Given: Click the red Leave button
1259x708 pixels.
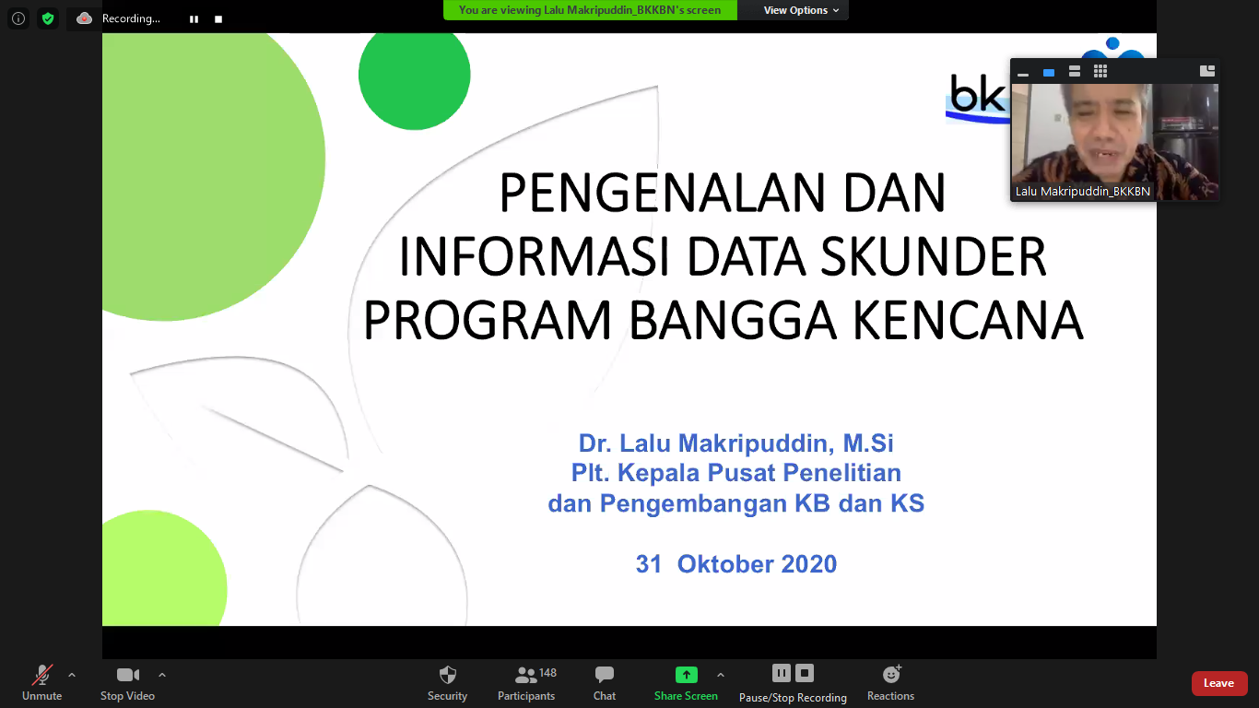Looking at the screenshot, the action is coord(1218,683).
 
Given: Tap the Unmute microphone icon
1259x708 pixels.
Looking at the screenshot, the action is coord(42,675).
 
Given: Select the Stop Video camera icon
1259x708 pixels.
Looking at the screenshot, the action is coord(127,675).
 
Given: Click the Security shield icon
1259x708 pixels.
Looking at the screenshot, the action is coord(447,675).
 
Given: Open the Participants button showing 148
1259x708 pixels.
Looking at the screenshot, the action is coord(526,683).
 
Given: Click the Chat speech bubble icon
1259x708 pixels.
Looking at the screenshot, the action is coord(605,674).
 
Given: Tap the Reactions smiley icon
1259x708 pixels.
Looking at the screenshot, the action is coord(891,674).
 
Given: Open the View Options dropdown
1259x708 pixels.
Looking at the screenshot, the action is coord(801,10).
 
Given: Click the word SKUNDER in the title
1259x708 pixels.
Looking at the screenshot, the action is coord(934,256).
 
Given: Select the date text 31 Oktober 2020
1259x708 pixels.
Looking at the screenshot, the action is coord(736,564).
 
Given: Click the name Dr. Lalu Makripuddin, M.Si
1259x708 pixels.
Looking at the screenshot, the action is coord(735,443).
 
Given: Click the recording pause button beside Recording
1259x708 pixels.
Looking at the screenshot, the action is coord(194,19).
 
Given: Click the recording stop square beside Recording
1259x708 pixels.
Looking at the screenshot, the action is coord(218,19).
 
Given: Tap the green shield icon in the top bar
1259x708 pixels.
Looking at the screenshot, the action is coord(48,18).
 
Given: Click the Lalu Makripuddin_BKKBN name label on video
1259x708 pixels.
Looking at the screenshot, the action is coord(1083,191).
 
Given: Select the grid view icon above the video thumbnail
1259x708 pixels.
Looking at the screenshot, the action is coord(1100,71).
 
